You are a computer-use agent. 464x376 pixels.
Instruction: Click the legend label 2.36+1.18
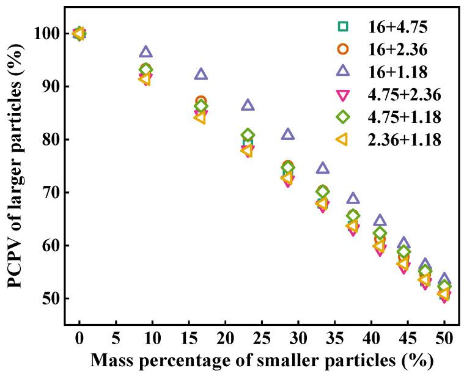[x=404, y=139]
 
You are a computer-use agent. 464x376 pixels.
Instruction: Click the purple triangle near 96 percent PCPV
[x=145, y=53]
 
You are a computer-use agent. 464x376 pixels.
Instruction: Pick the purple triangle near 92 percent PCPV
[x=201, y=75]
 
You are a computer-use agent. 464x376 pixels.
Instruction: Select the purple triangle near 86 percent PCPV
[x=248, y=105]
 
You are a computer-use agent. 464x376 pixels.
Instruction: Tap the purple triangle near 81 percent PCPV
[x=288, y=135]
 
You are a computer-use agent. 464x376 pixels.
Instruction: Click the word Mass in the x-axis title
[x=113, y=361]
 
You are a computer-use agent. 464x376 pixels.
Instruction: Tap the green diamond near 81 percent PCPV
[x=248, y=135]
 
